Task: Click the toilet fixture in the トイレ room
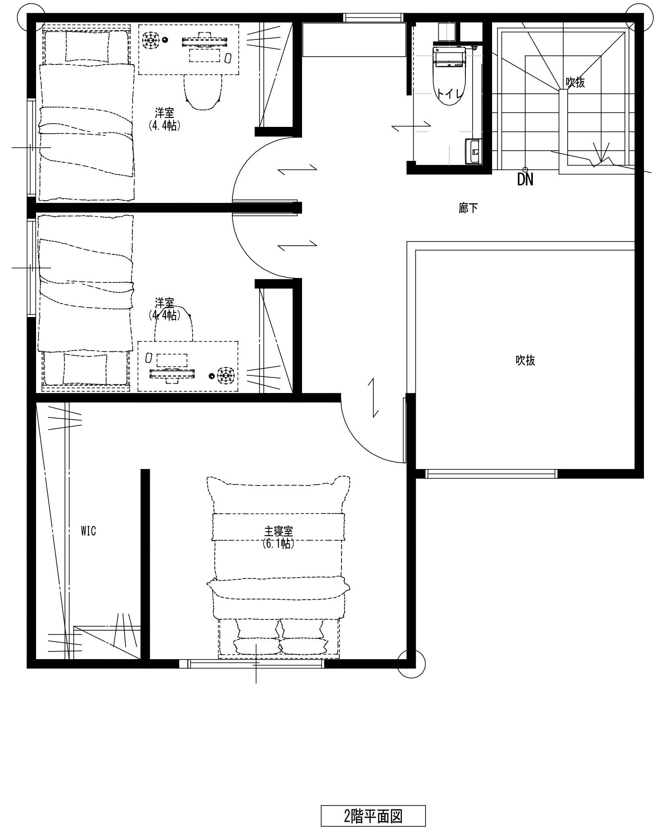coord(449,76)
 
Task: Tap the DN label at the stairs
coord(525,180)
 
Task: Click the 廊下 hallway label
coord(468,208)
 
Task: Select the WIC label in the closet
coord(89,530)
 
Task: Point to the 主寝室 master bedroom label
coord(278,531)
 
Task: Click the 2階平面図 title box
coord(373,816)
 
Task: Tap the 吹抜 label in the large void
coord(525,360)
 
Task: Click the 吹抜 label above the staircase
coord(575,82)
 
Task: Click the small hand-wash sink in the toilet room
coord(473,151)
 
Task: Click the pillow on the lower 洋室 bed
coord(85,369)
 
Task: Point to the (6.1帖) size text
coord(278,544)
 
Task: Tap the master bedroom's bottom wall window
coord(252,663)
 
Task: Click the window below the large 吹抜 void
coord(491,474)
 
